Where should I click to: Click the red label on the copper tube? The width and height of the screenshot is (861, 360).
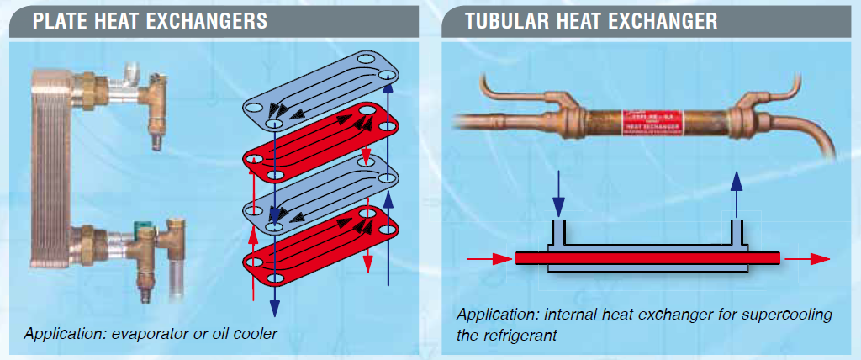point(648,122)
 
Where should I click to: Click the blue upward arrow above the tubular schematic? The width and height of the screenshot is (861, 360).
point(737,193)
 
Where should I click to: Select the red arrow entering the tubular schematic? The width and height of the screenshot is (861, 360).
point(488,257)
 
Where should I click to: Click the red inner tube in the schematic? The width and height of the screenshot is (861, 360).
point(647,257)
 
